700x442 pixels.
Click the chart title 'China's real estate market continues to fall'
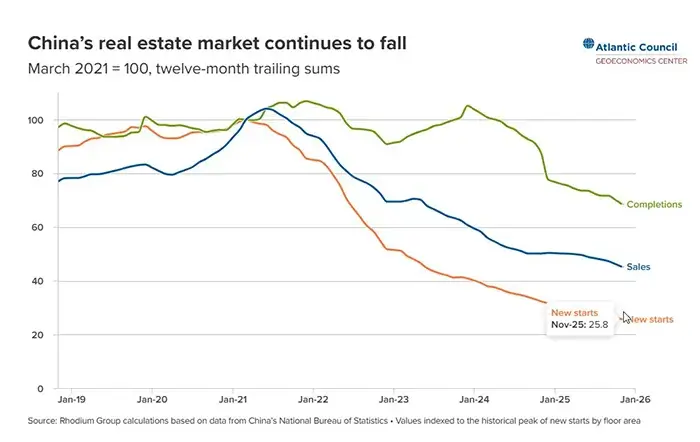(217, 44)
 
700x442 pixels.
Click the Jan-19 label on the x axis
(72, 397)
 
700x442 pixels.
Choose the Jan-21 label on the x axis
(232, 397)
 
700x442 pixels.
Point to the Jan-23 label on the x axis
(393, 397)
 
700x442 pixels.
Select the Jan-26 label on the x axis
(635, 397)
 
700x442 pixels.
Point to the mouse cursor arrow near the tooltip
(626, 317)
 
